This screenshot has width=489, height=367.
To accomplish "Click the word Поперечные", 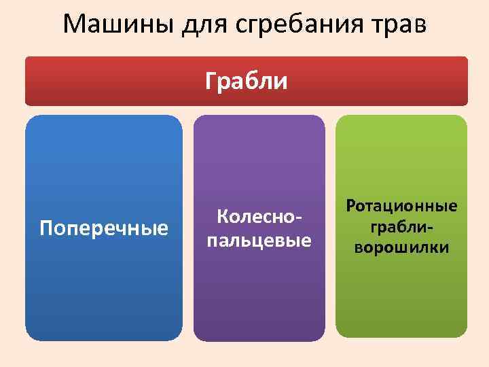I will (x=104, y=228).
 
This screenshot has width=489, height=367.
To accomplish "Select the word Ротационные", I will (x=401, y=205).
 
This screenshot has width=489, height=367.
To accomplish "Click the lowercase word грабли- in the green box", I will (x=401, y=226).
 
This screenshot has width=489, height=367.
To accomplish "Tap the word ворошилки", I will (x=401, y=247).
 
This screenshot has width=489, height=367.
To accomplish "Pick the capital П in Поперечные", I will (x=46, y=228).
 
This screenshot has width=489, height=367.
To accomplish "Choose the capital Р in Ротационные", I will (x=351, y=205).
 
